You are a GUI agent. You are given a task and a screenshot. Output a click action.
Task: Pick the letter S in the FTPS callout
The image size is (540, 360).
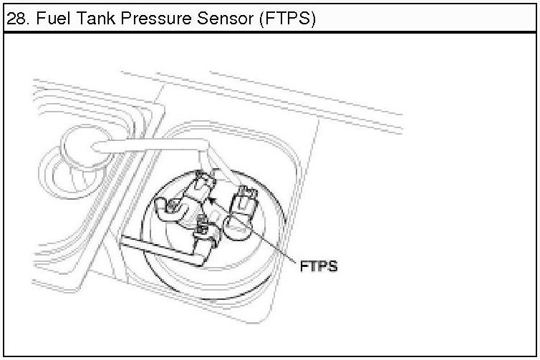pos(332,266)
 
